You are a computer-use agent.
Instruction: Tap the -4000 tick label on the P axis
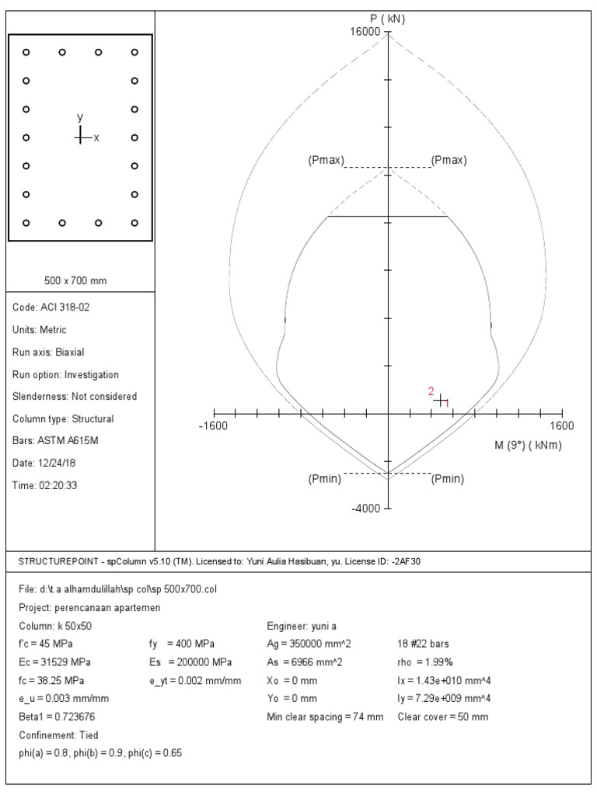[367, 509]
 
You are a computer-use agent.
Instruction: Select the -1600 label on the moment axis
[213, 425]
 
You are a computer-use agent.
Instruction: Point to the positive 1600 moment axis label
[562, 425]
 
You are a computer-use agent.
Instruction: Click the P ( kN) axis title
[388, 19]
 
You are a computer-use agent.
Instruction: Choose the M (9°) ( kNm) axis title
[528, 446]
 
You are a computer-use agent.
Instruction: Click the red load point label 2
[431, 391]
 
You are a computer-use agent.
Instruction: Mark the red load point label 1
[447, 404]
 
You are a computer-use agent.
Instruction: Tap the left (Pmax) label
[326, 161]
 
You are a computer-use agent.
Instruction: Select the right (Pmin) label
[448, 479]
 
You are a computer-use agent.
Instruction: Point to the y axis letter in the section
[79, 116]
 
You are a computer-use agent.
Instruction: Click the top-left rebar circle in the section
[26, 52]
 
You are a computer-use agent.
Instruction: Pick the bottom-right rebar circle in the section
[135, 223]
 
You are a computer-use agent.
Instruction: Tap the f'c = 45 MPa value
[46, 644]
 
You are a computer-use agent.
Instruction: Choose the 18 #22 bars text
[424, 644]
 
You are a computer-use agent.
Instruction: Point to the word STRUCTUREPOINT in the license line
[51, 561]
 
